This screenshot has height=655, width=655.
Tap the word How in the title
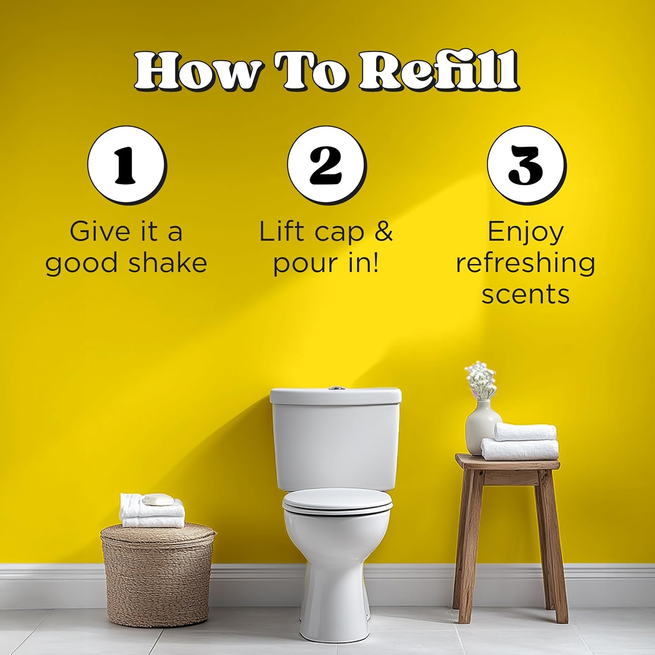click(x=199, y=71)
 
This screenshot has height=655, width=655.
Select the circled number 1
click(x=127, y=165)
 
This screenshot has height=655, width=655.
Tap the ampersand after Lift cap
click(x=384, y=231)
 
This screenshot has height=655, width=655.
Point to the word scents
click(x=526, y=294)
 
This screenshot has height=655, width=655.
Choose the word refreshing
click(x=526, y=264)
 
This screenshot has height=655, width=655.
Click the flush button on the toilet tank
click(x=335, y=387)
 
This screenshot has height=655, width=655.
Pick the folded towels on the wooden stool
click(x=521, y=442)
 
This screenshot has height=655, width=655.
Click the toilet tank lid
click(x=335, y=396)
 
